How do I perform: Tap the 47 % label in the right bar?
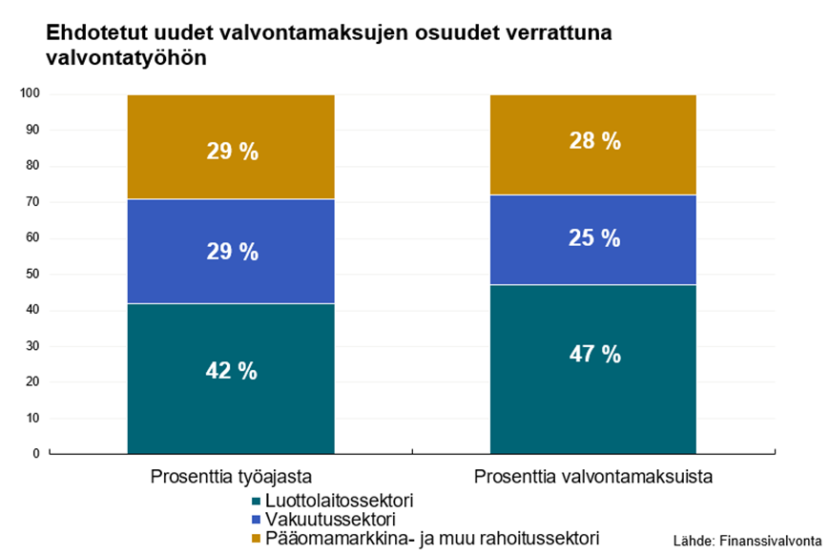click(x=594, y=355)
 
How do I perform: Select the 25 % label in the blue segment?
click(x=594, y=238)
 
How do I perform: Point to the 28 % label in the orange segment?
click(x=594, y=141)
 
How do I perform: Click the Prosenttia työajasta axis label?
click(x=231, y=477)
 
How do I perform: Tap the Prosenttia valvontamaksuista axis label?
click(x=593, y=477)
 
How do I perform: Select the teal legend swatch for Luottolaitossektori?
click(x=256, y=501)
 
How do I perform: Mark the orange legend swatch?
click(x=256, y=539)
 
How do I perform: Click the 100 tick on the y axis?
click(x=31, y=93)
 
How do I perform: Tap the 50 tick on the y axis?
click(x=33, y=274)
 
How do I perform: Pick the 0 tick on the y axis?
click(x=36, y=454)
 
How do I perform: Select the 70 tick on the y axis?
click(x=33, y=201)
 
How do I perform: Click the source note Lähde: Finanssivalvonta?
click(x=747, y=540)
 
